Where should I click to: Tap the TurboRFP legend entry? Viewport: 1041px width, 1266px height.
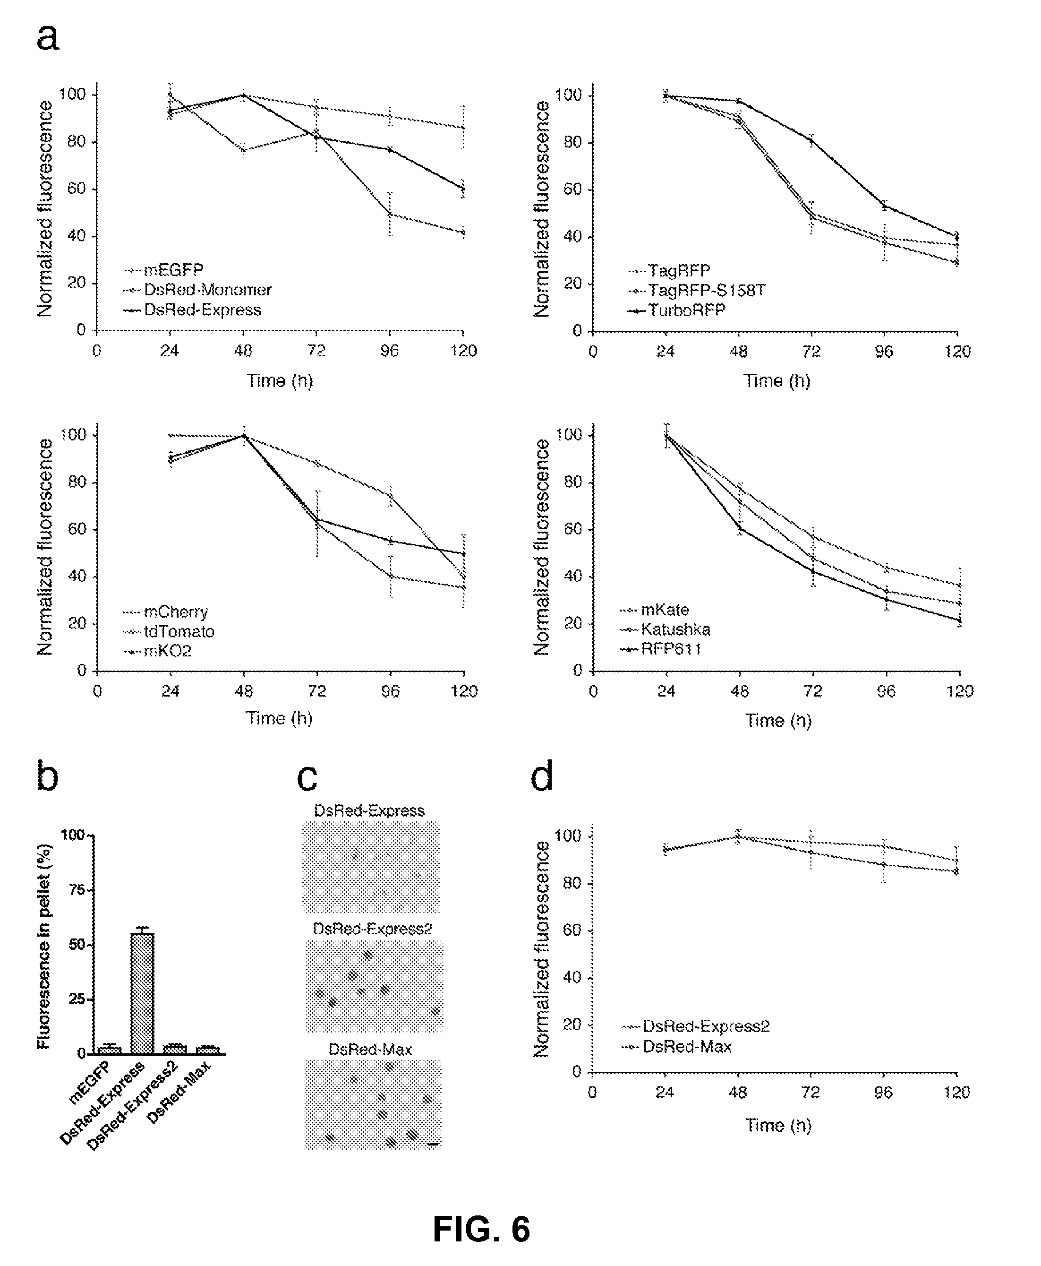tap(686, 310)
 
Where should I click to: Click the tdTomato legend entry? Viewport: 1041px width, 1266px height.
tap(179, 631)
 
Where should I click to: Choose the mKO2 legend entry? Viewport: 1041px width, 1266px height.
tap(167, 651)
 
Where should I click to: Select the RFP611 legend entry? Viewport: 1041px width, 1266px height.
tap(671, 649)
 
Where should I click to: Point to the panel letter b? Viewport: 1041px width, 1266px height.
tap(48, 776)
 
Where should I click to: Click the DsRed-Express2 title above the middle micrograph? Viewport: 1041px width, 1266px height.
tap(372, 929)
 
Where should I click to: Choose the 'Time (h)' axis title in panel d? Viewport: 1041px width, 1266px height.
tap(778, 1125)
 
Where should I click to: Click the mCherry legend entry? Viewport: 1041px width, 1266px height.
tap(176, 612)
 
